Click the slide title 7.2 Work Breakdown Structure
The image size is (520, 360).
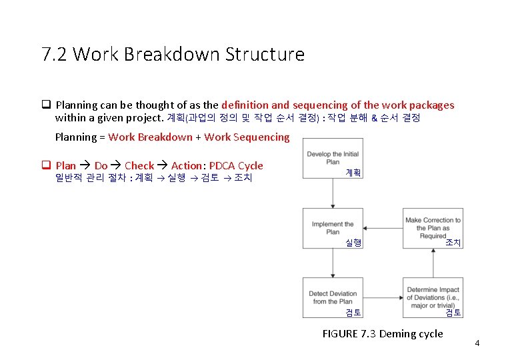(173, 54)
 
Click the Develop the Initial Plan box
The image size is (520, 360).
(333, 159)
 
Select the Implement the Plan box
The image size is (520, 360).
(333, 228)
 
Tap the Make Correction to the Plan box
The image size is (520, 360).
(433, 228)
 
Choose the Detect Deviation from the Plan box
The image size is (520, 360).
(333, 297)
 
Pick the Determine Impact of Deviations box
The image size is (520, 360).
(433, 297)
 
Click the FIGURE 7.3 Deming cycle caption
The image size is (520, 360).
(382, 333)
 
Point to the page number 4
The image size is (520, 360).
(477, 343)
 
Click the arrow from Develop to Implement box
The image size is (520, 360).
(333, 193)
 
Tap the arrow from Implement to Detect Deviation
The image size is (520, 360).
(333, 263)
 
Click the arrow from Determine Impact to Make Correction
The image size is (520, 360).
(433, 263)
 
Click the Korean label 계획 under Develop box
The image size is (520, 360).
(353, 172)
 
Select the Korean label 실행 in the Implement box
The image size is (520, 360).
(353, 243)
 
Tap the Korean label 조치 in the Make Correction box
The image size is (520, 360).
(453, 243)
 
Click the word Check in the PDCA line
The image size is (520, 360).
(139, 165)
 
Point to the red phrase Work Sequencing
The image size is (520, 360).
(247, 137)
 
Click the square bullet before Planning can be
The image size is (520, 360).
(47, 105)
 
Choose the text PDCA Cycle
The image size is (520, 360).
(236, 165)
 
